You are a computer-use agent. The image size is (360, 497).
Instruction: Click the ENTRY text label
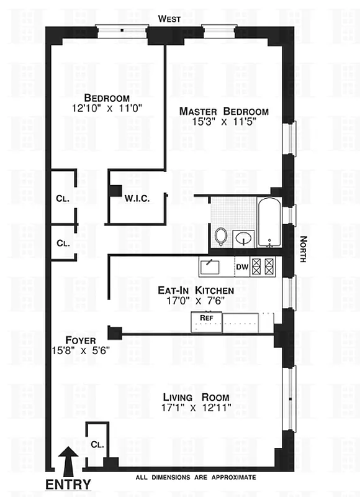tap(68, 484)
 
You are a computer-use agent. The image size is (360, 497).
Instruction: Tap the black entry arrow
tap(69, 462)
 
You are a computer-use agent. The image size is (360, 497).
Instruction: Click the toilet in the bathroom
tap(221, 236)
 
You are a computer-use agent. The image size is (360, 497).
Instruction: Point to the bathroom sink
tap(243, 237)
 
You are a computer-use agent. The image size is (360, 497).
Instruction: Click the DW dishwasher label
tap(242, 267)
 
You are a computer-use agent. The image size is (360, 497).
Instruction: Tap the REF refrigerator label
tap(207, 317)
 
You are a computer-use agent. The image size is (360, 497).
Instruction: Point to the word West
tap(169, 19)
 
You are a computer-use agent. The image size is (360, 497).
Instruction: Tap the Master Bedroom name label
tap(224, 111)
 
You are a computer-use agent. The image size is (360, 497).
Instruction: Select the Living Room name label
tap(196, 398)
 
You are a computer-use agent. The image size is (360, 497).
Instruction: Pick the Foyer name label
tap(80, 340)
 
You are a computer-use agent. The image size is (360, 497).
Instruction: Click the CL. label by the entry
tap(96, 445)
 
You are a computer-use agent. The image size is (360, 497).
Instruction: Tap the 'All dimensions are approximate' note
tap(196, 477)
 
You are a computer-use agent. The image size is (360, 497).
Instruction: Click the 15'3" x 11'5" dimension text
tap(224, 122)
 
